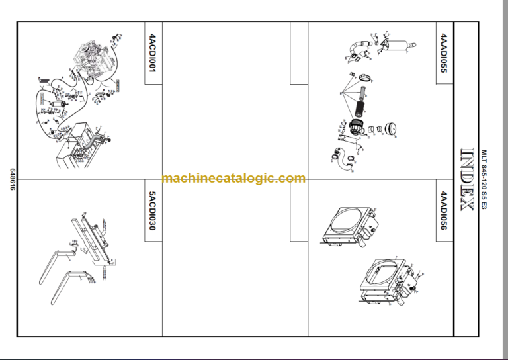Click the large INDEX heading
pyautogui.click(x=466, y=179)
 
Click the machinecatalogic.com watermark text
pyautogui.click(x=233, y=179)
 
